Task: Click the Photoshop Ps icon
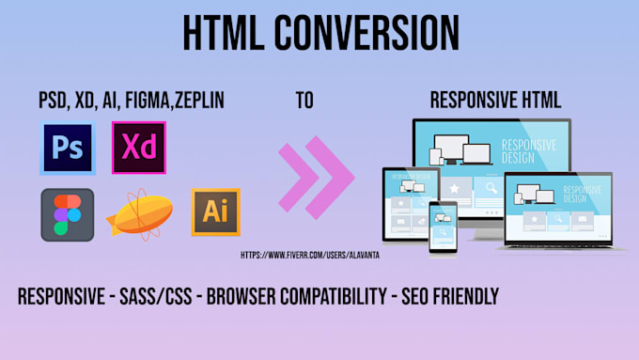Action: click(67, 148)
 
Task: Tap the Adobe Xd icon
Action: click(138, 148)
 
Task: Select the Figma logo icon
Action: click(67, 214)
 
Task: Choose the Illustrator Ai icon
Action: click(215, 211)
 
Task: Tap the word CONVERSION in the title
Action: click(376, 34)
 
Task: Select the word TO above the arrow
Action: click(305, 100)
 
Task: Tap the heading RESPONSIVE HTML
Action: click(495, 100)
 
